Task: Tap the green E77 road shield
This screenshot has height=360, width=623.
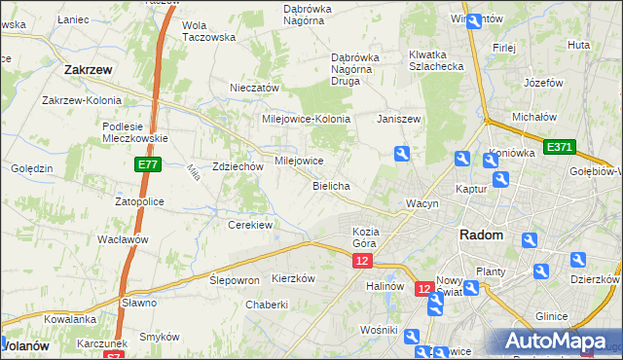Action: pos(148,167)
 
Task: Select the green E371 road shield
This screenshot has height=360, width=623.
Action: pos(560,147)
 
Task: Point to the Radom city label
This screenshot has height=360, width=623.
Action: pos(481,235)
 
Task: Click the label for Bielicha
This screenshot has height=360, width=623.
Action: pos(331,185)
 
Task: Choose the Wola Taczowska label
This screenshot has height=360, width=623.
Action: pos(209,31)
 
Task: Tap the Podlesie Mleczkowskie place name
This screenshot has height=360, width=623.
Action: pos(136,131)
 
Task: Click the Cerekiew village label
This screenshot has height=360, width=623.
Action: pos(249,224)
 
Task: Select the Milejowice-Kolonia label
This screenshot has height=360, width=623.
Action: pos(306,119)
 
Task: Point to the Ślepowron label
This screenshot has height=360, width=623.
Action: pos(235,279)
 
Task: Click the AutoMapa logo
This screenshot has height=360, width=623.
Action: pos(556,342)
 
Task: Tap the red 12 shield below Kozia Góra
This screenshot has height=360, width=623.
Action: pos(362,262)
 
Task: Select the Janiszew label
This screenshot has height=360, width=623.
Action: pos(398,119)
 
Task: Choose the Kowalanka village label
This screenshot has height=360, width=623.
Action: pos(70,318)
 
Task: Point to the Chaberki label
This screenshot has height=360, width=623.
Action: pos(267,304)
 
